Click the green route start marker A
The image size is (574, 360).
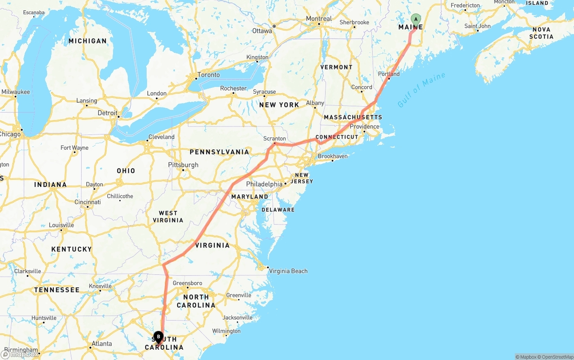click(416, 19)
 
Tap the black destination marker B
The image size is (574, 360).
click(158, 337)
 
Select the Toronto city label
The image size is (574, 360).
click(209, 75)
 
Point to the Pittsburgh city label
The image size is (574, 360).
click(183, 165)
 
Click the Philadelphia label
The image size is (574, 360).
click(264, 184)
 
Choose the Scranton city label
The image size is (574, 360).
click(275, 139)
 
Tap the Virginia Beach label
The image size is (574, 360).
click(288, 271)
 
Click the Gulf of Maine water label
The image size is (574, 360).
click(421, 90)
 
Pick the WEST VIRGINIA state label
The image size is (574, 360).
click(168, 217)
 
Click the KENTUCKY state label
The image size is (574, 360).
click(71, 249)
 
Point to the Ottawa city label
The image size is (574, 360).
click(262, 31)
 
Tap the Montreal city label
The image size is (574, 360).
click(319, 19)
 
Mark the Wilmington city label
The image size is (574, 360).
click(226, 331)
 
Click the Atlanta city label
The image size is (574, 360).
click(101, 344)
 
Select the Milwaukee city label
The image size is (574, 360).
click(16, 92)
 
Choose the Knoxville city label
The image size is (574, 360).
click(100, 286)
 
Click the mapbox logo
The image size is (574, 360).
click(20, 355)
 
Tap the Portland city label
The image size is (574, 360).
click(389, 74)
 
